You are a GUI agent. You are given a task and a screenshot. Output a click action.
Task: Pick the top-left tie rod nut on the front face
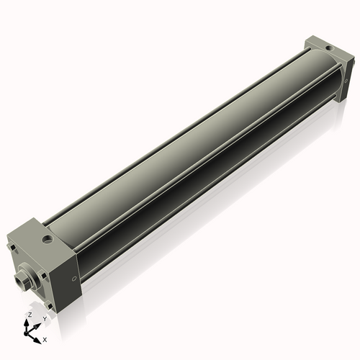(12, 250)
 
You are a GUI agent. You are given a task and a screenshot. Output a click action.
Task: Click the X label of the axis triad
(45, 338)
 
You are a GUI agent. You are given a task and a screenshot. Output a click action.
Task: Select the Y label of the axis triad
(45, 318)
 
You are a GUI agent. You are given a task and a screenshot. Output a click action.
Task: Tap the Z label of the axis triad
(29, 315)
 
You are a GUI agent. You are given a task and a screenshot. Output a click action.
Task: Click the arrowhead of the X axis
(37, 338)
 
